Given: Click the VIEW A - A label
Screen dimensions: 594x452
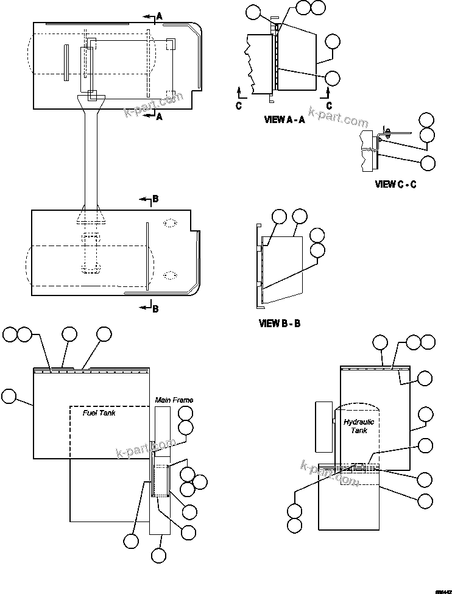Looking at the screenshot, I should coord(284,120).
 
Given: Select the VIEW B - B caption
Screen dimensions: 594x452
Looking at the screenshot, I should coord(280,324).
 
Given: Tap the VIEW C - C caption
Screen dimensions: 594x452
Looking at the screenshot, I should coord(395,184).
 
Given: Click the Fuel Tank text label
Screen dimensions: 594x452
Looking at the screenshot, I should coord(99,412).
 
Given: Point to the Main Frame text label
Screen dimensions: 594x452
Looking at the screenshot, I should coord(174,400).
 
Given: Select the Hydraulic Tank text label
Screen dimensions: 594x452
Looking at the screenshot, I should coord(359,426).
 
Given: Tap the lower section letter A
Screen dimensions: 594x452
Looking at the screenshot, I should coord(159,117).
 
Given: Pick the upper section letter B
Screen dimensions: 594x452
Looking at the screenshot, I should coord(155,199).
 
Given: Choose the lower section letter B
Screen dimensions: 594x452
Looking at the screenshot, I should coord(155,309).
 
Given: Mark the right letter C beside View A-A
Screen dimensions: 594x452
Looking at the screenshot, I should coord(328,105).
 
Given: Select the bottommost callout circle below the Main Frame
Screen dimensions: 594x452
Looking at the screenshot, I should coord(159,555).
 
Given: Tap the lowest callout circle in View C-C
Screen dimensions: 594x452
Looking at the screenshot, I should coord(428,163).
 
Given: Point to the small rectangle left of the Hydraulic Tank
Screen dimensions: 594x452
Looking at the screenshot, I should coord(323,426).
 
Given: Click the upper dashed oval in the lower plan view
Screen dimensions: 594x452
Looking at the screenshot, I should coord(170,224).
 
